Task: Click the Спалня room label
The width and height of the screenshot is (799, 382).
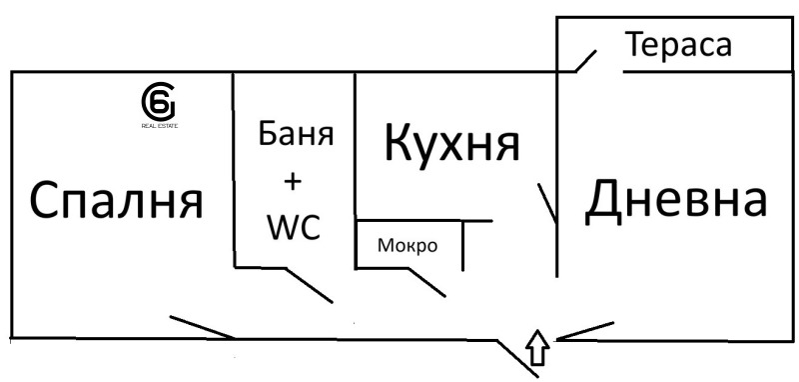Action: [116, 201]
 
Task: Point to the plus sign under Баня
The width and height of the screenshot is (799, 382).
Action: [293, 181]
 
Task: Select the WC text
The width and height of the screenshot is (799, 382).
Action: [293, 228]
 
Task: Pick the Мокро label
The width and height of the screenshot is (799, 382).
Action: [406, 245]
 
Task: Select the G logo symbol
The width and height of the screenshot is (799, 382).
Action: [159, 102]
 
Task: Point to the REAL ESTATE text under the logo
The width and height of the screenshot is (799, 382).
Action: [159, 126]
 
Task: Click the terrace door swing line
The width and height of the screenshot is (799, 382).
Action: [587, 61]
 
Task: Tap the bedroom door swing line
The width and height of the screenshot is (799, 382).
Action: [203, 328]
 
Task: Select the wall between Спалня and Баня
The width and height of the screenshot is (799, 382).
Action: [234, 170]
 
